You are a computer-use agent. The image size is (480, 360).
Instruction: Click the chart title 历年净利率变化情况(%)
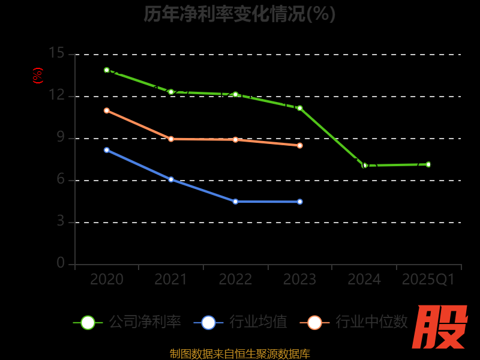(239, 13)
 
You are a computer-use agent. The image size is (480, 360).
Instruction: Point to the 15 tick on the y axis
(56, 53)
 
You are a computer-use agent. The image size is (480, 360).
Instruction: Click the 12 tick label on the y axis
(56, 95)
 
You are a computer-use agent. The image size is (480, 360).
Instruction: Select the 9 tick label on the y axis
(60, 137)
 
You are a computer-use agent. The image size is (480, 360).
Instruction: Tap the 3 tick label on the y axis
(60, 221)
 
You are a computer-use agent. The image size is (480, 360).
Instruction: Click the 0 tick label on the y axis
(60, 263)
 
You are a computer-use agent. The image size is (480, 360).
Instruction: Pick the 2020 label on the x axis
(107, 280)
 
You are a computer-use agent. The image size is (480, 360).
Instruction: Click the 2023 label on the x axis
(299, 280)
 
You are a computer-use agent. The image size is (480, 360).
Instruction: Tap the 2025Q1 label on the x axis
(428, 280)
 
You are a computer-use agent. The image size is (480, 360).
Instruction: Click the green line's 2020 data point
(107, 70)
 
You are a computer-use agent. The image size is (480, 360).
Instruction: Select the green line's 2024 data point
(364, 165)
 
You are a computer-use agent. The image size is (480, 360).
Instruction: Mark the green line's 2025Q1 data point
(428, 164)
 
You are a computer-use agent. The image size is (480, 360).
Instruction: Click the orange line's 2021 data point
(171, 139)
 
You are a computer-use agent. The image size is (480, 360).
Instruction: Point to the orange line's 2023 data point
(300, 145)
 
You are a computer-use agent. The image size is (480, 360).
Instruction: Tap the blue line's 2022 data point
(235, 202)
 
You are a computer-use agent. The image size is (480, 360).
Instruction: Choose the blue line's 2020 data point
(107, 150)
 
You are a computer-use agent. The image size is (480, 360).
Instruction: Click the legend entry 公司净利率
(127, 322)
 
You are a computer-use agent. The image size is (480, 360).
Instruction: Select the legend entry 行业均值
(241, 322)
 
